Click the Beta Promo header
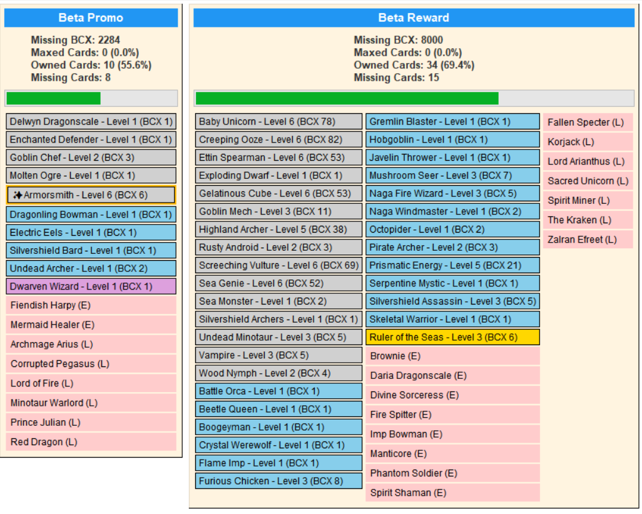pyautogui.click(x=91, y=18)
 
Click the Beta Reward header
pyautogui.click(x=414, y=18)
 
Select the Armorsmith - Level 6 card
pyautogui.click(x=91, y=195)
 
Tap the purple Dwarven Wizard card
pyautogui.click(x=91, y=286)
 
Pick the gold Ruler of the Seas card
pyautogui.click(x=452, y=337)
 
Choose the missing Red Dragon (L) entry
pyautogui.click(x=91, y=442)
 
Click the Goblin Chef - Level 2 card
pyautogui.click(x=91, y=158)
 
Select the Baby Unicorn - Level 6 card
pyautogui.click(x=278, y=121)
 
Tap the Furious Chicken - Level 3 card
pyautogui.click(x=278, y=481)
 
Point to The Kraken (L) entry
pyautogui.click(x=588, y=220)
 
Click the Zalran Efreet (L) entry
pyautogui.click(x=588, y=239)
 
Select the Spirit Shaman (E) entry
pyautogui.click(x=452, y=493)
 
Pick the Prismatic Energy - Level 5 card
pyautogui.click(x=452, y=265)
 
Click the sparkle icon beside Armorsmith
pyautogui.click(x=18, y=195)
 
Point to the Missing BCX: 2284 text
pyautogui.click(x=76, y=40)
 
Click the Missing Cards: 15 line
pyautogui.click(x=397, y=78)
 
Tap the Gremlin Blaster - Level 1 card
pyautogui.click(x=452, y=121)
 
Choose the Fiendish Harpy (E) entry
pyautogui.click(x=91, y=306)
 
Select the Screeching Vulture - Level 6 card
pyautogui.click(x=278, y=265)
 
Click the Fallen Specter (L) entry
pyautogui.click(x=588, y=123)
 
